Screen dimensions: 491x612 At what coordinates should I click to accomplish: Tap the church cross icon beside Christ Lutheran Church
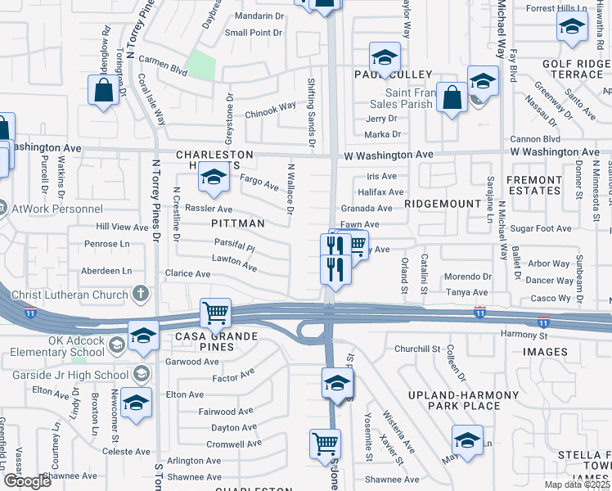141,294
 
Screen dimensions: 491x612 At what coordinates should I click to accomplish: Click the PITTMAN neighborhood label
237,223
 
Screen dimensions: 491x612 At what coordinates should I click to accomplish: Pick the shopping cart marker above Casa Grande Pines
214,313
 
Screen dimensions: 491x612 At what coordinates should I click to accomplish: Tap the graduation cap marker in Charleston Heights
214,178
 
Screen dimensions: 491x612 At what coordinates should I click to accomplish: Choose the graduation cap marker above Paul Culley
384,57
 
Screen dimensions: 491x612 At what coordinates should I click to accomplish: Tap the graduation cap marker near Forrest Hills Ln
571,26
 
